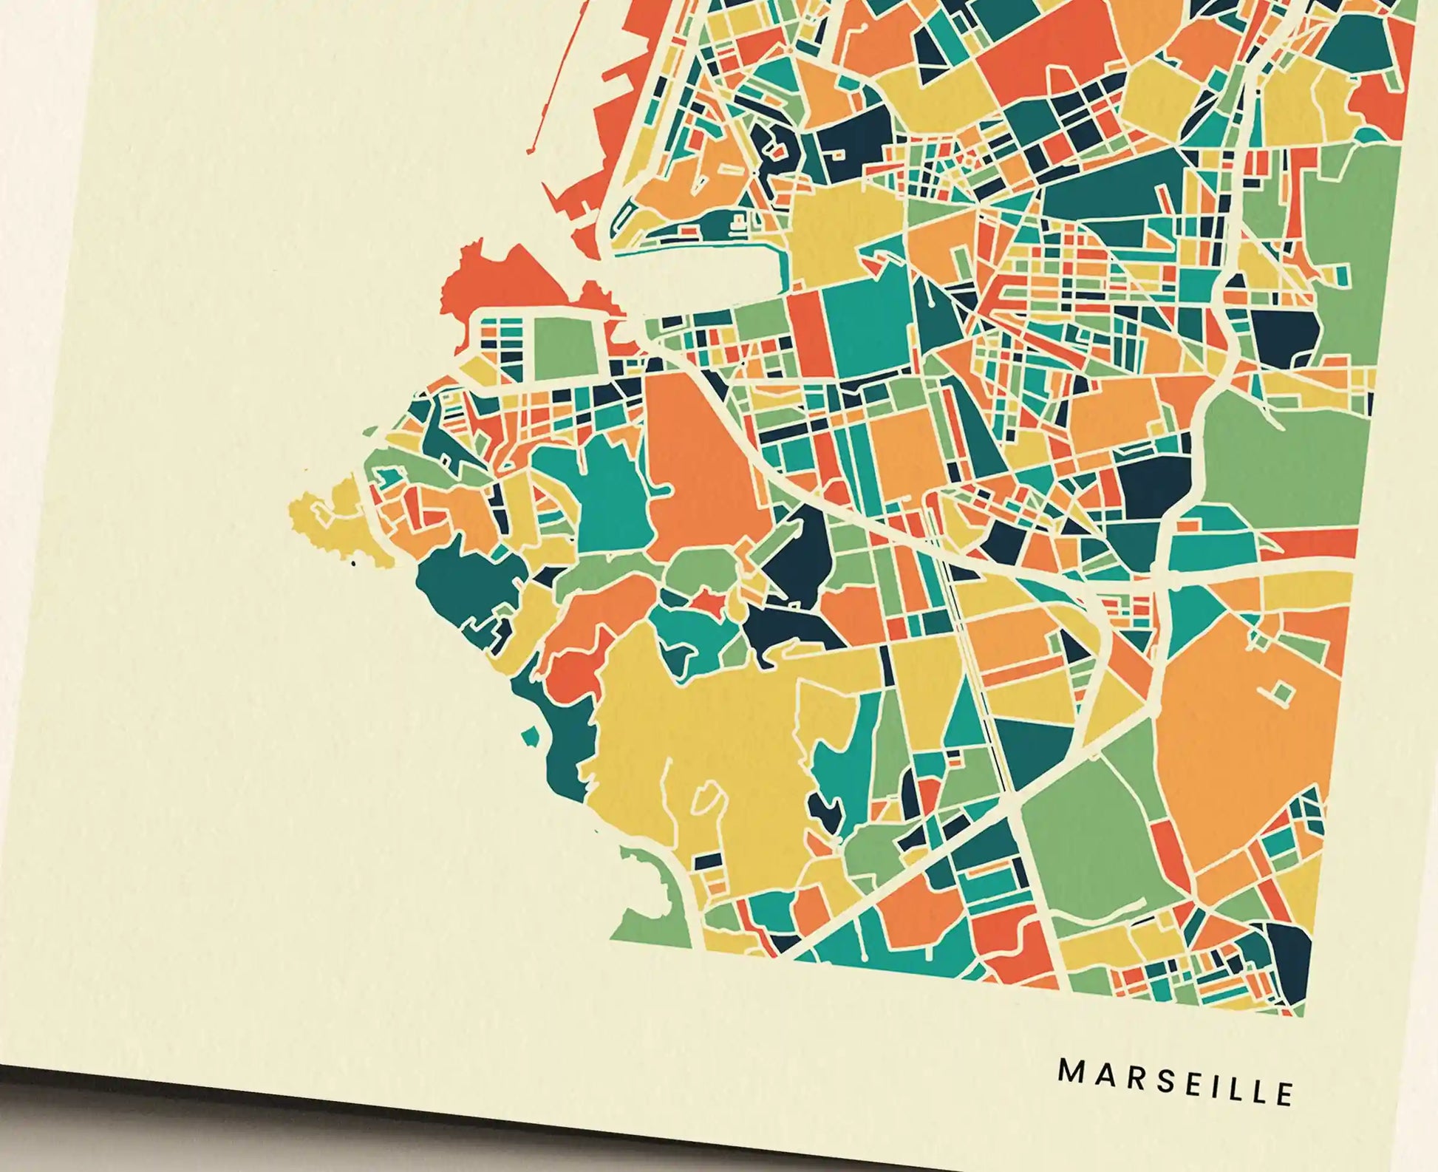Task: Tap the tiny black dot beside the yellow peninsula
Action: click(353, 563)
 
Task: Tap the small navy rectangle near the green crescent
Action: click(709, 860)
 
